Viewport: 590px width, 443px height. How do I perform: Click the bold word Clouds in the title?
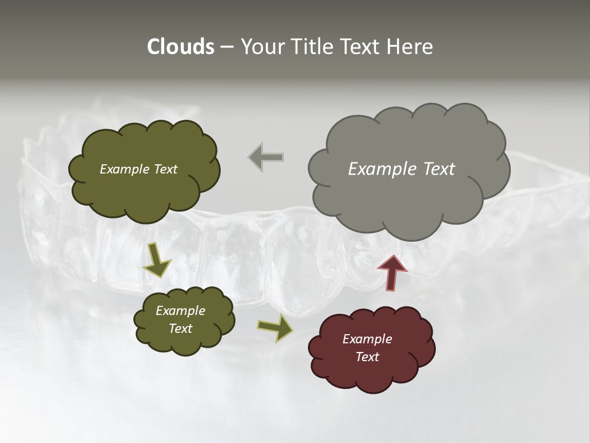[x=180, y=47]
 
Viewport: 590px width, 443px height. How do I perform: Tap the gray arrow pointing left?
[x=266, y=158]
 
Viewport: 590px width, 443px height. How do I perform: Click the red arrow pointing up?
[x=392, y=272]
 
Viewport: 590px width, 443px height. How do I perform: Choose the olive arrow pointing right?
[x=275, y=327]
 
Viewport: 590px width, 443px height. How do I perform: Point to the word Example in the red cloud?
[x=367, y=339]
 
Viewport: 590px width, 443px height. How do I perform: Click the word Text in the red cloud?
[x=367, y=357]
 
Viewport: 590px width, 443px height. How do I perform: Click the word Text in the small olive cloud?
[x=181, y=329]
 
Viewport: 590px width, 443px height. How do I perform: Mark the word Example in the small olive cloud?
[x=181, y=311]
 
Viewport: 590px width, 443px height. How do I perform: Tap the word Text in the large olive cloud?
[x=165, y=169]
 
